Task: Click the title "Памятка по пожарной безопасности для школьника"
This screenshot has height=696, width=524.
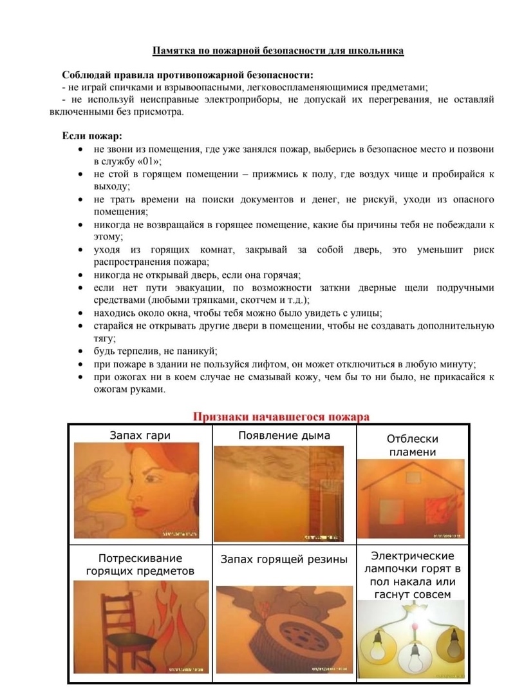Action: coord(278,50)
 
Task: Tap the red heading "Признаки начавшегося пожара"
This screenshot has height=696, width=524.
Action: coord(281,416)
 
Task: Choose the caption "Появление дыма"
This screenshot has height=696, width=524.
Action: coord(284,436)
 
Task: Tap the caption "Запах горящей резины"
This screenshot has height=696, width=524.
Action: coord(284,559)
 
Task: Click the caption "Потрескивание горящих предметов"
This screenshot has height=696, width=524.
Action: coord(140,565)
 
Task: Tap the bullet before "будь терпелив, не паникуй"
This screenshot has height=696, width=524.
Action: coord(79,351)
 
